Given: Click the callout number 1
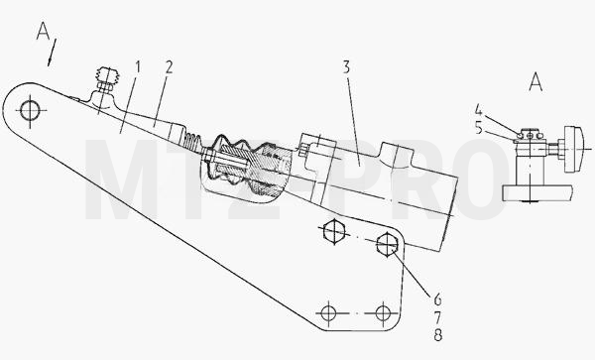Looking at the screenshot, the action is [138, 68].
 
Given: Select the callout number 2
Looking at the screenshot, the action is [169, 67].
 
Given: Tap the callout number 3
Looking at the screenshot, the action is [346, 67].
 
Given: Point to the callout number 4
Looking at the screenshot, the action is [478, 111].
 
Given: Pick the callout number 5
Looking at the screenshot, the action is [478, 129].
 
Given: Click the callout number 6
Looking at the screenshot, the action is [437, 300].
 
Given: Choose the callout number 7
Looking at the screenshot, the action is [437, 317].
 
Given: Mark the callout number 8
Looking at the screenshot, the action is [437, 335].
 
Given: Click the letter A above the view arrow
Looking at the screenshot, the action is [43, 31].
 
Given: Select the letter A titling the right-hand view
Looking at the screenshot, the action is [535, 82].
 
